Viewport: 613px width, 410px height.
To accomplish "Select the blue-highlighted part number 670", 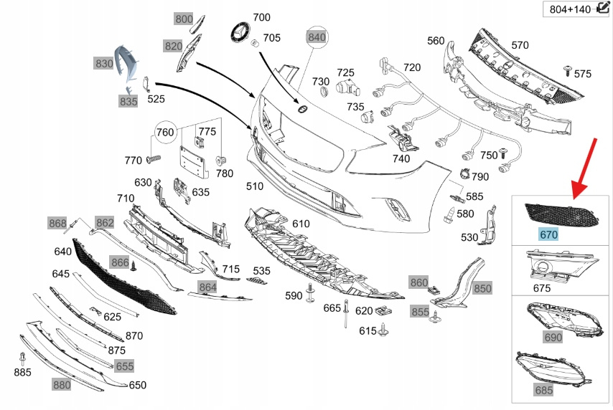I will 548,234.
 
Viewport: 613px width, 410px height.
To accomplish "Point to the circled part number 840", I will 317,37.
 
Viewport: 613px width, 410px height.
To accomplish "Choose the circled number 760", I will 165,132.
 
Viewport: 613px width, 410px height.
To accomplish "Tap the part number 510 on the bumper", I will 254,187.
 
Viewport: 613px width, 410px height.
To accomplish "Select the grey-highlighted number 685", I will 544,390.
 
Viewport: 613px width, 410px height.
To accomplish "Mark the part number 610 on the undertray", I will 301,224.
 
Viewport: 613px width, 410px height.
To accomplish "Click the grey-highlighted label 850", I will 482,288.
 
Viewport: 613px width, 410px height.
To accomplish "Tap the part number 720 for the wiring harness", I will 411,67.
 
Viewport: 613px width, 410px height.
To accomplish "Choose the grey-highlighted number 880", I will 62,384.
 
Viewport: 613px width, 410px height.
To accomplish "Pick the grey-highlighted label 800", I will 184,19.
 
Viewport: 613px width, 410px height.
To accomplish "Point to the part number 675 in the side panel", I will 542,288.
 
